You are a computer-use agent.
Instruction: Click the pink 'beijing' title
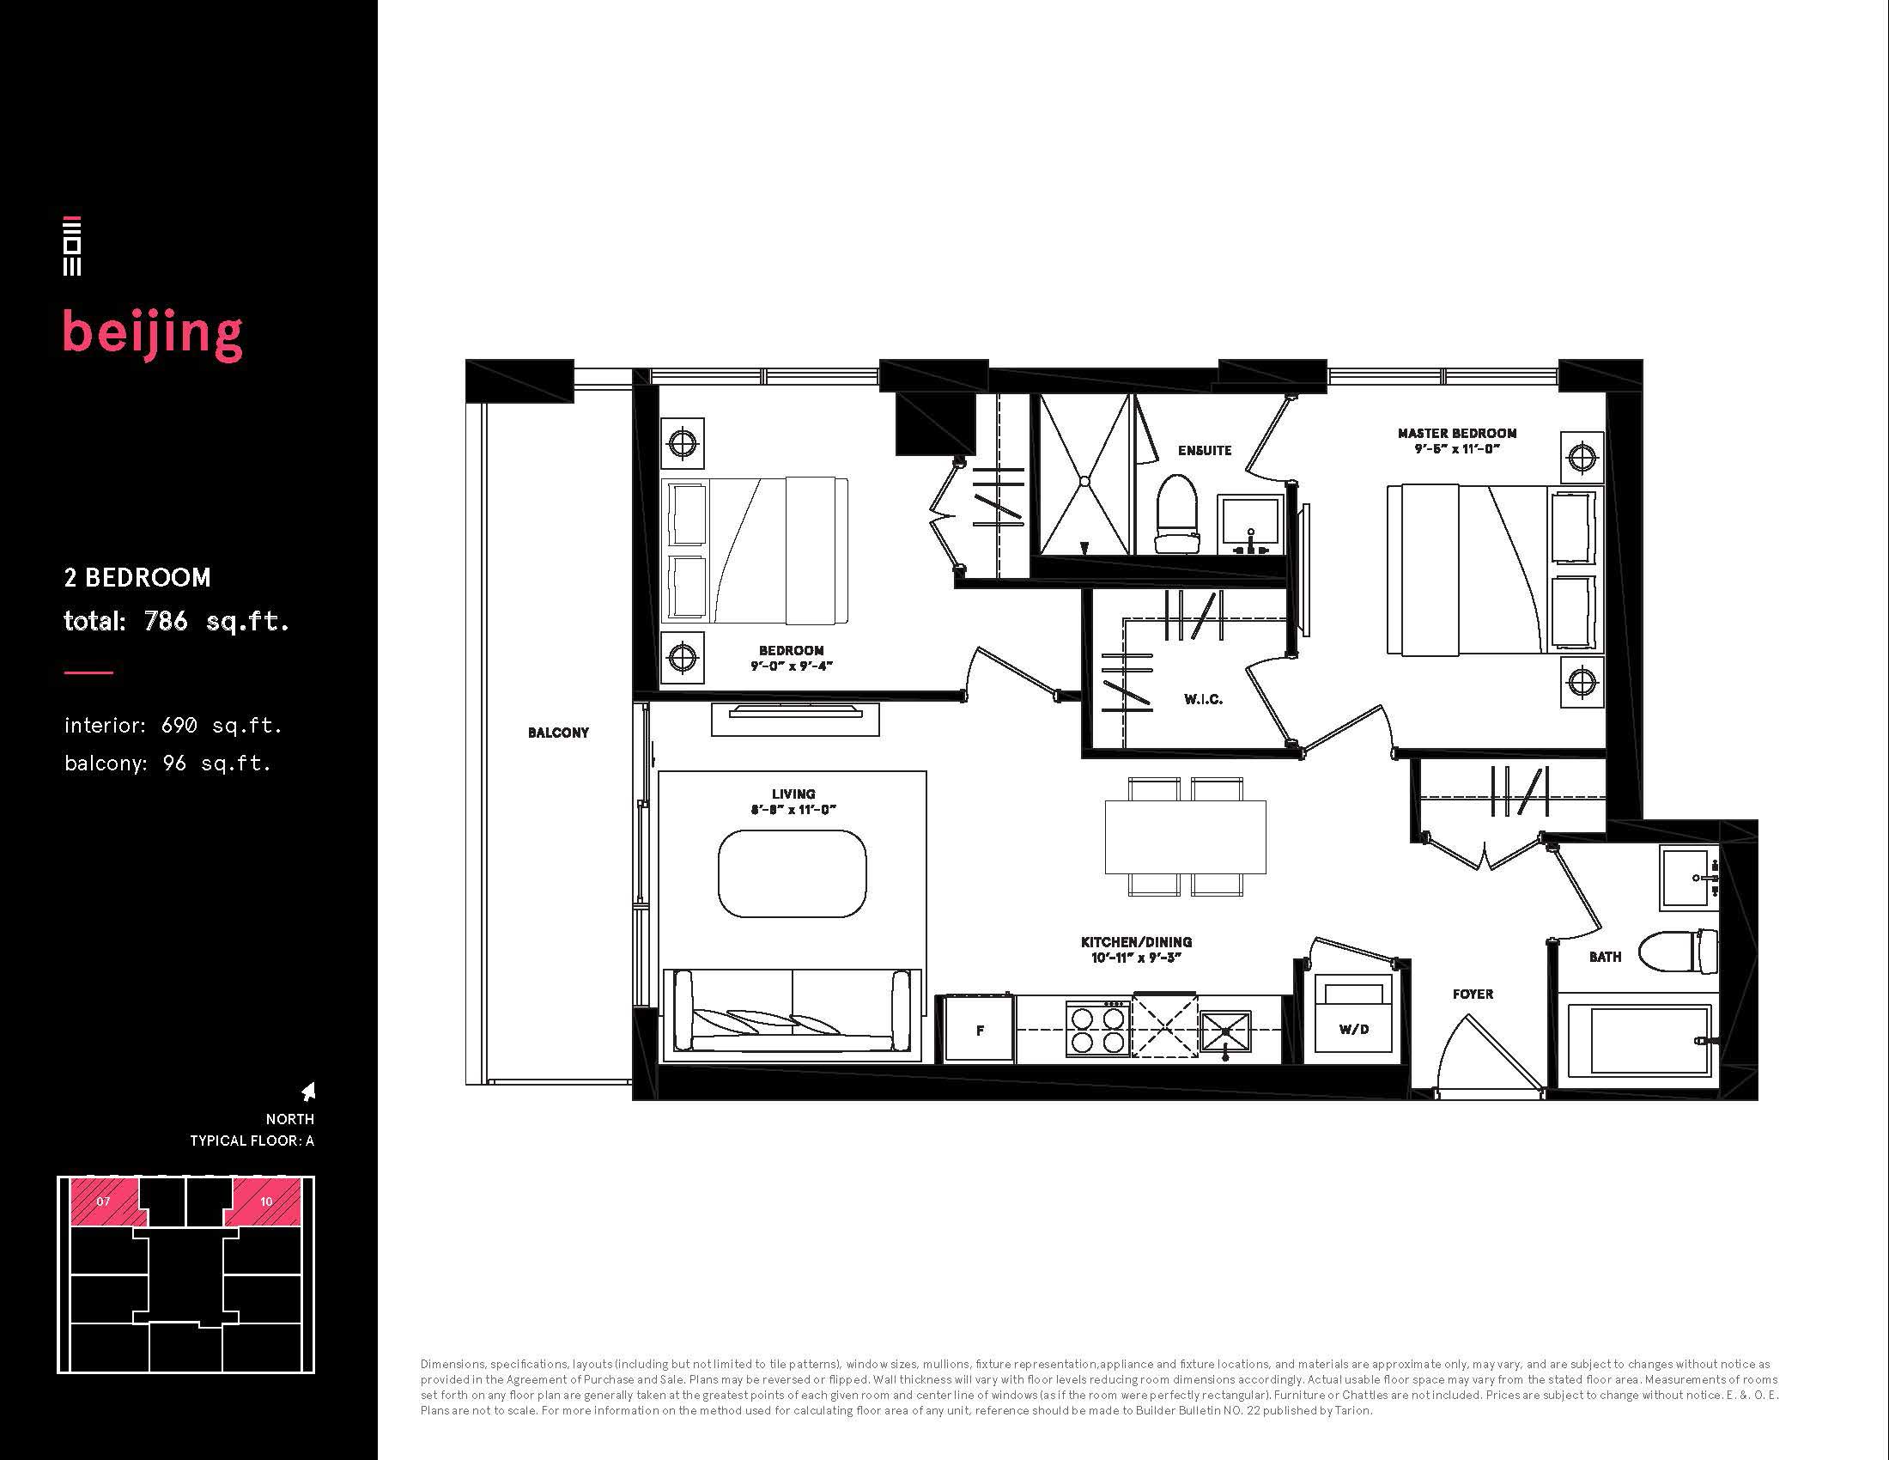[152, 335]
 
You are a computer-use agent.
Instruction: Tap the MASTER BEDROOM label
[1456, 434]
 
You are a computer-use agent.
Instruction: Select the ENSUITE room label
[1204, 451]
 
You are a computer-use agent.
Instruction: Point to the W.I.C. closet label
[1203, 699]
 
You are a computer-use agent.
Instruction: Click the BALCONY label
[558, 733]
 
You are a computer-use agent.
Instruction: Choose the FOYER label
[1473, 995]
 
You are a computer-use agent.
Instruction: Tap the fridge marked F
[979, 1029]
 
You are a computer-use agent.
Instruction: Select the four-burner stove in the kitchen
[1097, 1028]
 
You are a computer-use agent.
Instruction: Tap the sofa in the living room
[793, 1013]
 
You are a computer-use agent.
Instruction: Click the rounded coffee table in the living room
[793, 873]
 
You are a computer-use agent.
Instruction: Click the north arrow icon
[308, 1092]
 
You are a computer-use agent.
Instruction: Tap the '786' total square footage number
[166, 621]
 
